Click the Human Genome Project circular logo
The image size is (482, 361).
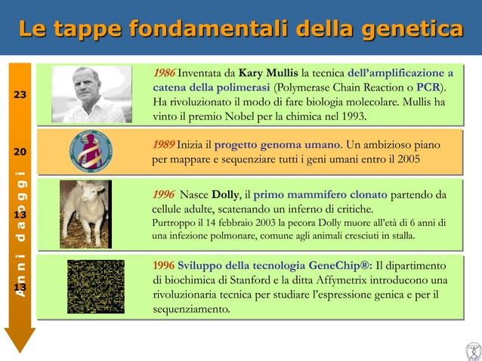point(91,151)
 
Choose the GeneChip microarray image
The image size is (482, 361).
point(95,287)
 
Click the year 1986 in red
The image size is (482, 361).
point(163,73)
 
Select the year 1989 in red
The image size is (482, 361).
point(163,145)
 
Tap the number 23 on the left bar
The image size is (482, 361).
point(20,95)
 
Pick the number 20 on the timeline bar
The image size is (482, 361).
point(20,151)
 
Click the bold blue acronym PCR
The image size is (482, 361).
point(430,88)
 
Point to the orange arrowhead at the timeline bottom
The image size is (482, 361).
point(20,339)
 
